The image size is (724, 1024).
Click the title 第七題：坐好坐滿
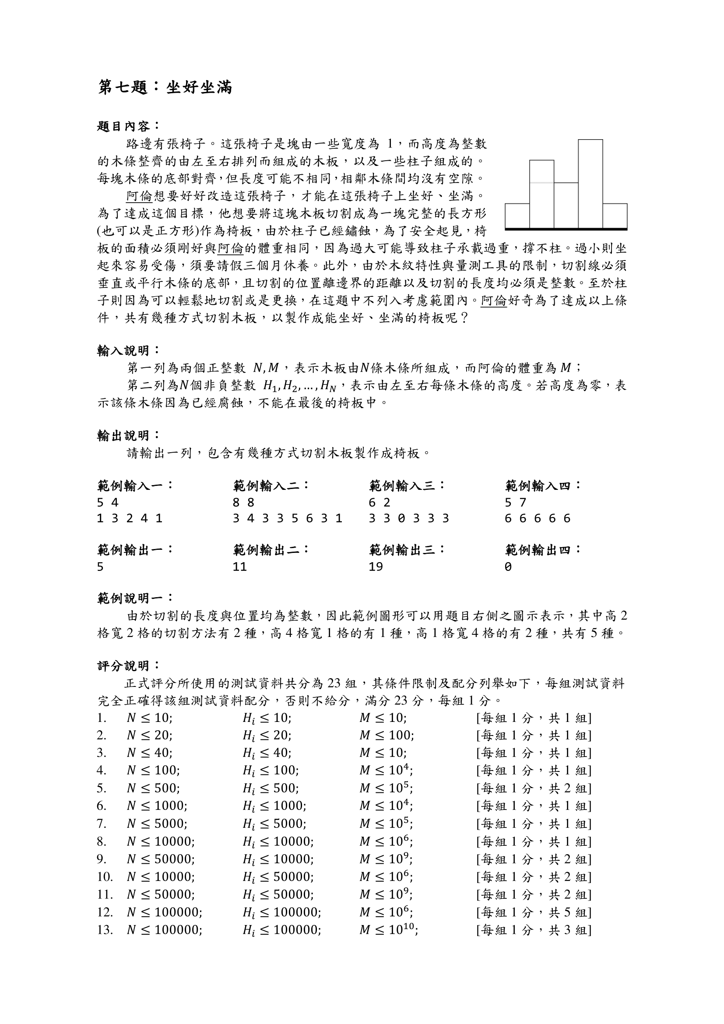(165, 88)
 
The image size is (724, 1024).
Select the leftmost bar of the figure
(517, 216)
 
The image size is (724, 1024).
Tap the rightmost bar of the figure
(615, 216)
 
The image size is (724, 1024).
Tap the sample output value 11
(239, 567)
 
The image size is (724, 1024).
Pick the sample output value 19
(376, 567)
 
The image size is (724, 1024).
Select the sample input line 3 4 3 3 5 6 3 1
(288, 518)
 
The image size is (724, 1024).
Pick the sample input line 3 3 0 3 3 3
(409, 518)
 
